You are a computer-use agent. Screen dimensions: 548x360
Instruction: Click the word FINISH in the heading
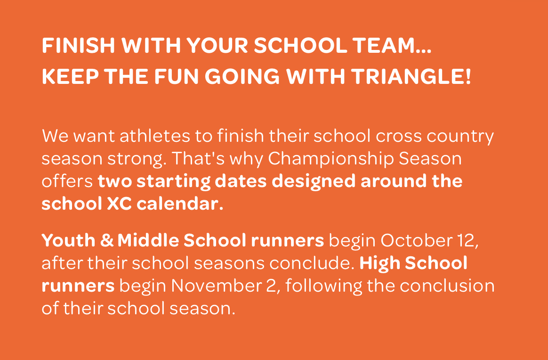[x=78, y=45]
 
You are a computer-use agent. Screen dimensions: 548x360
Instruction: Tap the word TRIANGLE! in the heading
[x=411, y=76]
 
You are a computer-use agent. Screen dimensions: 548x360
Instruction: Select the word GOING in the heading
[x=242, y=76]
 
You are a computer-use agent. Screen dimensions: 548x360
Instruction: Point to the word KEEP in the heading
[x=70, y=76]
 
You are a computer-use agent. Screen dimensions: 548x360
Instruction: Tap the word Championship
[x=330, y=159]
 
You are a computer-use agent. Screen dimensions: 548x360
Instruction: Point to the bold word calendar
[x=180, y=204]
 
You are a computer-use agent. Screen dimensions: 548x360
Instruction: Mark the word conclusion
[x=447, y=286]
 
